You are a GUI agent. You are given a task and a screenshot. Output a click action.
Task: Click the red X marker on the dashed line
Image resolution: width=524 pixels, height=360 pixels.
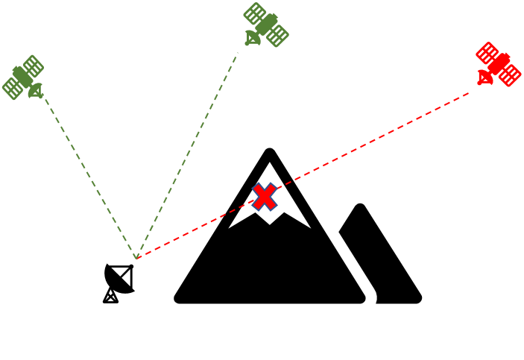coord(265,197)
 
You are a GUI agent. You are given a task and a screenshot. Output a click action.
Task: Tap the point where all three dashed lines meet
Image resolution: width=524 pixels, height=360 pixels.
coord(136,259)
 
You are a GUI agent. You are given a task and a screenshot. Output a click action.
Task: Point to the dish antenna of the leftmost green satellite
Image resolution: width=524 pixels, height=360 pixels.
coord(34,92)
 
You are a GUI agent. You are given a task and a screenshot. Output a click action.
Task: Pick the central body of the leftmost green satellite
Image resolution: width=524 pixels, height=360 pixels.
coord(23,76)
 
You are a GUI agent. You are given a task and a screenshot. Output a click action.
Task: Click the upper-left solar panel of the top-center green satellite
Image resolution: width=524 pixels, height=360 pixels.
coord(256,13)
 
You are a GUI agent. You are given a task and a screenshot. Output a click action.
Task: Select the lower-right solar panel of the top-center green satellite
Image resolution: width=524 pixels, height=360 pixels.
coord(277,34)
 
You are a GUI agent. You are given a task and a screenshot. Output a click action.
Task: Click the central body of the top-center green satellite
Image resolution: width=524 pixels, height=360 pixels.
coord(267,24)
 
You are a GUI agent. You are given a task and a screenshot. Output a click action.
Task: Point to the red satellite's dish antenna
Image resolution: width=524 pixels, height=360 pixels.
coord(484,78)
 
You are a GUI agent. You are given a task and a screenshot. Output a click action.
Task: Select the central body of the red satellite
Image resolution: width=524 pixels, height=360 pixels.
coord(499,63)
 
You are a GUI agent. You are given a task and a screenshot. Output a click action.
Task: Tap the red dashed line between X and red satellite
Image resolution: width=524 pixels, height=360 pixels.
coord(373,141)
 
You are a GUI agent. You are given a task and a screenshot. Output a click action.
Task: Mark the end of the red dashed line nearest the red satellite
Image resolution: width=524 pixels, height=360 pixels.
coord(470,92)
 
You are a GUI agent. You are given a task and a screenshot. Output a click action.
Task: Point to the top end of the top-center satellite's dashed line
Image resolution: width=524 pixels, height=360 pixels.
coord(238,53)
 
